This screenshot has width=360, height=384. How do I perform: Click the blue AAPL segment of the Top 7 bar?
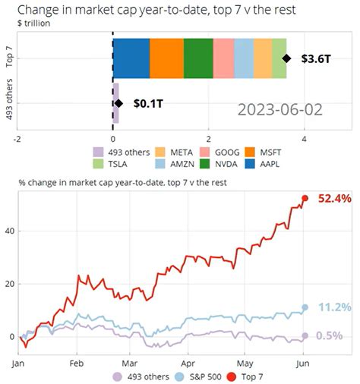coord(131,58)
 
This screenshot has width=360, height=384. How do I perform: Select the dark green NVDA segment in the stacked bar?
coord(198,58)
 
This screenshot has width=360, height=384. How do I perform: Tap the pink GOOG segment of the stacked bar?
coord(223,58)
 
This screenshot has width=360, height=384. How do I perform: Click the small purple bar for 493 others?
coord(115,103)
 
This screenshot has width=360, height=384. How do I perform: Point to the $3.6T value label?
coord(316,58)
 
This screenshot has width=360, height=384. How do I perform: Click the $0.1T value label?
coord(147,103)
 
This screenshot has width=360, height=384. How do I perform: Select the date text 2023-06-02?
coord(279,110)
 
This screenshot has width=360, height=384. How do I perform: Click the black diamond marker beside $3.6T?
coord(286,58)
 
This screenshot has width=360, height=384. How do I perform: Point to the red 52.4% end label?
coord(335,199)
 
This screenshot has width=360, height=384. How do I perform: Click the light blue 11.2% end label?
coord(334,307)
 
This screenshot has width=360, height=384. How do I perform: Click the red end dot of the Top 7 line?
coord(305,198)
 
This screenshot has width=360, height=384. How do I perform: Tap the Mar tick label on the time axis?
coord(131,364)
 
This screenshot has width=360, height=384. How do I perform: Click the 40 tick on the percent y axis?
coord(9,231)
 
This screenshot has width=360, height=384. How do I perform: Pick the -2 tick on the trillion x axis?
coord(16,139)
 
